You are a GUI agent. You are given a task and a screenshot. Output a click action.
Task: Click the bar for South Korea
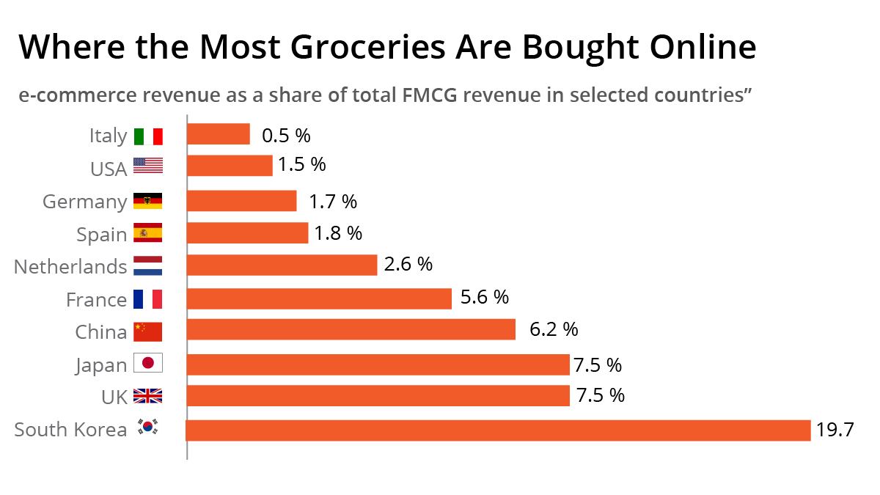click(499, 430)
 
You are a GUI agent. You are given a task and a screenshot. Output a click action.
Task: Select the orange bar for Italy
click(219, 134)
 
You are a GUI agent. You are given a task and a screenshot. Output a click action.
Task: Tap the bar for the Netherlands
click(282, 265)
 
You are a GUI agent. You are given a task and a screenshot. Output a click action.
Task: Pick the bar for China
click(351, 329)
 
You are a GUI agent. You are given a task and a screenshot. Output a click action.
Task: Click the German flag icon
click(147, 202)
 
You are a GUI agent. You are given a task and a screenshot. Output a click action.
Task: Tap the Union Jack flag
click(147, 397)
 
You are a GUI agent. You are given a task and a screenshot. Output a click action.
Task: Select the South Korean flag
click(148, 428)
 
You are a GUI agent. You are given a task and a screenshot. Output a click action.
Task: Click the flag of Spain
click(147, 234)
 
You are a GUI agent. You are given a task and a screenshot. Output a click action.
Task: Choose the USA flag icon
click(147, 166)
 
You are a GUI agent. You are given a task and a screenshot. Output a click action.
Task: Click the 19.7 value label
click(835, 430)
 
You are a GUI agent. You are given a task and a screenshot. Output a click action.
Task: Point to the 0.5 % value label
click(286, 136)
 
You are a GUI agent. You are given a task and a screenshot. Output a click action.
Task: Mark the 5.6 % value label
click(484, 297)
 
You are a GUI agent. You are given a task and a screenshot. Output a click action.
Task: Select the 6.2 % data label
click(554, 329)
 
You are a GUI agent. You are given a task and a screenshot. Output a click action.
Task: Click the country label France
click(96, 300)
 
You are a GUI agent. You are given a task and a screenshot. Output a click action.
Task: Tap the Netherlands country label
click(70, 267)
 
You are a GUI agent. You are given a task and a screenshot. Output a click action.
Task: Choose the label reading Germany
click(84, 202)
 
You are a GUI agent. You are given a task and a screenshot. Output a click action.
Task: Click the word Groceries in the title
click(367, 48)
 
